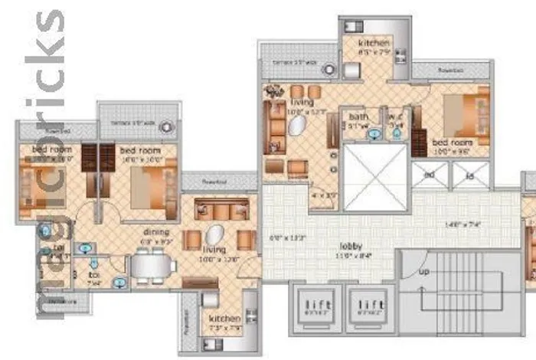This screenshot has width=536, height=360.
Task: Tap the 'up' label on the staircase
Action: coord(423,272)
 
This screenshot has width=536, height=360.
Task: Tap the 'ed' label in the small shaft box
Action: coord(429,175)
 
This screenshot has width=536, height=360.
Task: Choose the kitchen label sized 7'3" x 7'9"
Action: coord(225,318)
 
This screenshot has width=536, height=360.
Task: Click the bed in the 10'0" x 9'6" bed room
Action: coord(467,114)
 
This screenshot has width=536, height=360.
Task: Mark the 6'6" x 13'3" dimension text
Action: coord(288,238)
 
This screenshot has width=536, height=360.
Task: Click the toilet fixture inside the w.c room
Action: coord(397,133)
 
